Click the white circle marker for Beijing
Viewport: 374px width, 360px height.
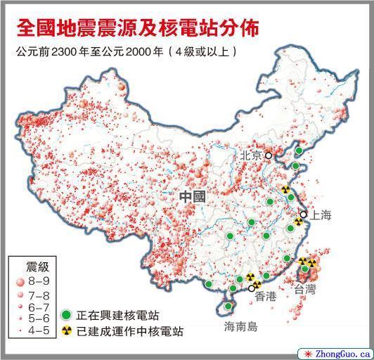point(268,156)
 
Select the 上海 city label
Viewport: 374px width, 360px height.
point(319,215)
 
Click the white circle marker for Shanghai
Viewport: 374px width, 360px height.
point(304,214)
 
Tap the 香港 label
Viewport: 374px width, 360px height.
point(266,297)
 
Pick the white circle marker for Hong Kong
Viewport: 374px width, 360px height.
point(252,288)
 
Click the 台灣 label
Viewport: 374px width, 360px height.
point(305,288)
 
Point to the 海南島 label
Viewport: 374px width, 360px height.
point(241,327)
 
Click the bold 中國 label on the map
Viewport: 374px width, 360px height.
point(192,196)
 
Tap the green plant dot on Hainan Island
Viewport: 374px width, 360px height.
point(228,306)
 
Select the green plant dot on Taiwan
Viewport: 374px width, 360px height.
point(304,269)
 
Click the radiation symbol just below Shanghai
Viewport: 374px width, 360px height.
point(298,221)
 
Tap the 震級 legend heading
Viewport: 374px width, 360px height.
point(37,266)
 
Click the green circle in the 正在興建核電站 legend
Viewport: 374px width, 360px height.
point(66,316)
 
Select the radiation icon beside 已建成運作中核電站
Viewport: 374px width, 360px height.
point(66,330)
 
